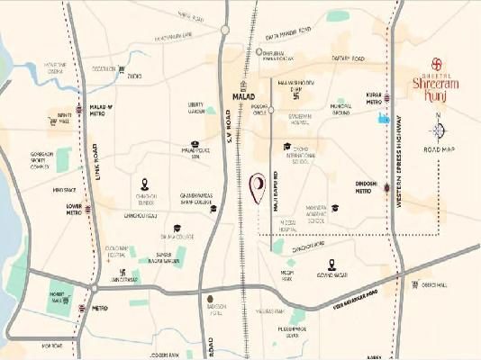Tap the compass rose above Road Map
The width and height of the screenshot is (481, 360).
(x=439, y=130)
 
